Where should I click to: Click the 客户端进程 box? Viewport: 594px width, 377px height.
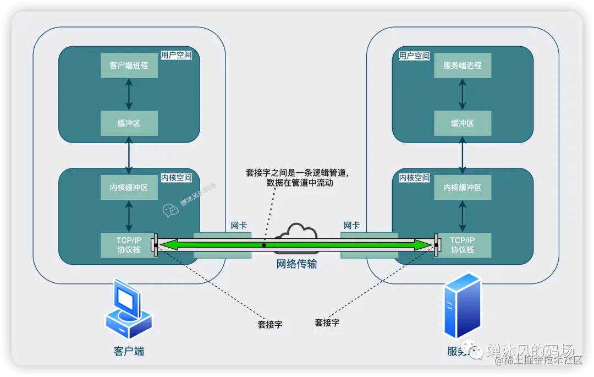pyautogui.click(x=129, y=65)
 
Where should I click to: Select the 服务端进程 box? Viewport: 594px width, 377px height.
pyautogui.click(x=462, y=65)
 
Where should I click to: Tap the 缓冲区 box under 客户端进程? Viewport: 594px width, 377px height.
pyautogui.click(x=129, y=123)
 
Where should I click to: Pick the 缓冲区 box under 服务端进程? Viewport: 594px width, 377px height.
pyautogui.click(x=462, y=123)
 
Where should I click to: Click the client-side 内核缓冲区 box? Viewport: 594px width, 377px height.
pyautogui.click(x=129, y=188)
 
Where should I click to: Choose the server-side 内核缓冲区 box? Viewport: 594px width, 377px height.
pyautogui.click(x=462, y=188)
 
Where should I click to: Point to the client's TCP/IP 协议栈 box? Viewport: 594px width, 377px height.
pyautogui.click(x=128, y=245)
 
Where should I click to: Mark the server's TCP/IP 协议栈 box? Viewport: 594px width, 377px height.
pyautogui.click(x=463, y=245)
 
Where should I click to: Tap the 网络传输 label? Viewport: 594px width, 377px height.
pyautogui.click(x=296, y=264)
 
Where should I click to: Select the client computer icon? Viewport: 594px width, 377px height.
pyautogui.click(x=128, y=309)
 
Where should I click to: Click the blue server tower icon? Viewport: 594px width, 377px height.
pyautogui.click(x=462, y=305)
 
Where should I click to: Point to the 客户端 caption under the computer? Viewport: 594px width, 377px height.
pyautogui.click(x=129, y=351)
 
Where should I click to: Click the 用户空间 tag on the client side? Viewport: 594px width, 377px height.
pyautogui.click(x=176, y=56)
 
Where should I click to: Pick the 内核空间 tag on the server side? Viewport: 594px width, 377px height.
pyautogui.click(x=414, y=178)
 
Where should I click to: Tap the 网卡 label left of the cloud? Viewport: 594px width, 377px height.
pyautogui.click(x=239, y=226)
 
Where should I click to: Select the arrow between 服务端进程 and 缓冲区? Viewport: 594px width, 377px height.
pyautogui.click(x=462, y=94)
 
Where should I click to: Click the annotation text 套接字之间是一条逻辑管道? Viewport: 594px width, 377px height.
pyautogui.click(x=297, y=173)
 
